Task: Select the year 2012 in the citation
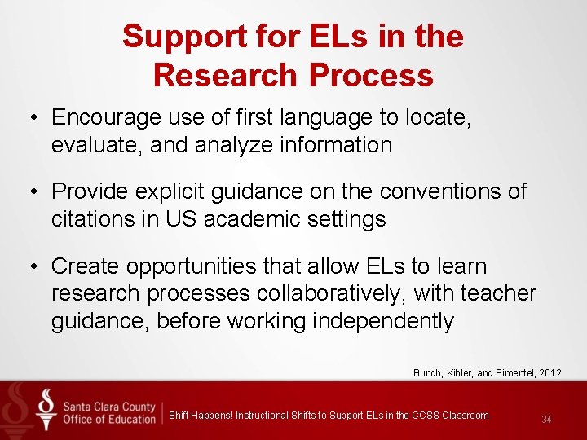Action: [549, 373]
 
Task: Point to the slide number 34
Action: [546, 420]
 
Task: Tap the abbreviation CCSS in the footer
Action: [426, 416]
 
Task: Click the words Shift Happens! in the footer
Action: [201, 416]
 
